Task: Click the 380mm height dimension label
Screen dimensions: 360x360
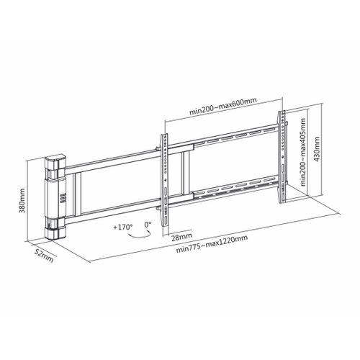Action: click(x=22, y=201)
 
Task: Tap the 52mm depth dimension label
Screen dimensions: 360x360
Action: click(x=44, y=255)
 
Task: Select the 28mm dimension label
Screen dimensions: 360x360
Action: click(x=181, y=237)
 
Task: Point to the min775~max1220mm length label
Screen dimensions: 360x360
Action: click(x=212, y=244)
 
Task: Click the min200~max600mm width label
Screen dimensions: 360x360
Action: click(x=223, y=106)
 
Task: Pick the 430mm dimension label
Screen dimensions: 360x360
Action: click(x=317, y=149)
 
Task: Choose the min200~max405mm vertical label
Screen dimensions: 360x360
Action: click(x=303, y=152)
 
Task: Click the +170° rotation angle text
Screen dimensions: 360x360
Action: click(x=123, y=227)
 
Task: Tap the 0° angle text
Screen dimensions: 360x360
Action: click(x=148, y=225)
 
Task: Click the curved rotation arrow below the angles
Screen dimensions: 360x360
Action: click(x=139, y=237)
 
